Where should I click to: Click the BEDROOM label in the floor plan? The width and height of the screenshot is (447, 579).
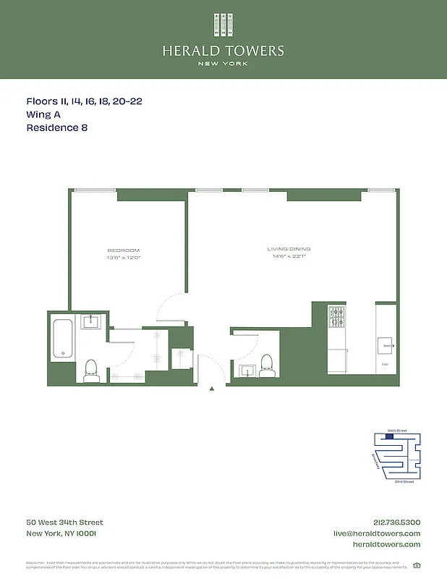124,250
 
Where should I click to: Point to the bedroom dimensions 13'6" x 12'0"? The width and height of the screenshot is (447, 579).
124,258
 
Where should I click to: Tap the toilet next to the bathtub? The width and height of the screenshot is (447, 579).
91,370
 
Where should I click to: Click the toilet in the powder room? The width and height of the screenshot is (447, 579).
266,364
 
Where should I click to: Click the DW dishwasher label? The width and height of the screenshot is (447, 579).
385,365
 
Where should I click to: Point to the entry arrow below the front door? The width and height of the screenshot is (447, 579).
212,389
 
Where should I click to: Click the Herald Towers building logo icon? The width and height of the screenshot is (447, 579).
223,25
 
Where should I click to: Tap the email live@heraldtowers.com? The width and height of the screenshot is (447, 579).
377,533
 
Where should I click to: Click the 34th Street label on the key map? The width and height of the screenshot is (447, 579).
397,431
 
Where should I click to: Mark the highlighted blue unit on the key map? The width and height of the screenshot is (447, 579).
391,435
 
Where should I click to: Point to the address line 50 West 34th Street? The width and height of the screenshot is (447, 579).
65,523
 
